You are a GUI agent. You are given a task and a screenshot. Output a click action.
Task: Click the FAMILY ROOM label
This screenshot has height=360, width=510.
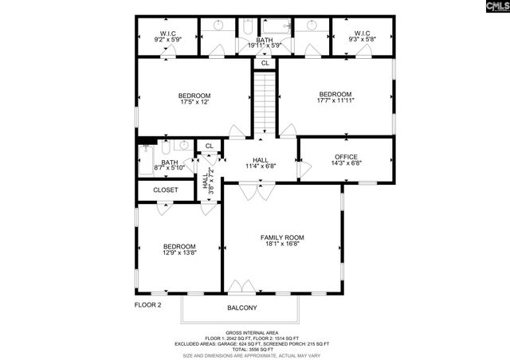tap(282, 237)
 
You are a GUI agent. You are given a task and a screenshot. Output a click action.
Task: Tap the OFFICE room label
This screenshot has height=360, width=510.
tap(346, 157)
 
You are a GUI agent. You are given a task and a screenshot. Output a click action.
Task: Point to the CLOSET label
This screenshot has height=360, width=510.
tap(166, 190)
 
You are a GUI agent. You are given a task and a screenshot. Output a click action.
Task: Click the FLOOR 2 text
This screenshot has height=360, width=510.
tap(147, 304)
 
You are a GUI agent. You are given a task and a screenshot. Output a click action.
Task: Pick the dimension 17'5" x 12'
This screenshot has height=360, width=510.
tap(194, 103)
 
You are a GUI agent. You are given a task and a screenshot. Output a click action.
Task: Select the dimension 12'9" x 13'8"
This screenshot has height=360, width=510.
tap(179, 252)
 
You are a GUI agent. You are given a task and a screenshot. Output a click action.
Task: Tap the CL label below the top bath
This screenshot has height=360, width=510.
tap(265, 62)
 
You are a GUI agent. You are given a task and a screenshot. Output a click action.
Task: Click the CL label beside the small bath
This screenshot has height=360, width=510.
tap(209, 146)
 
